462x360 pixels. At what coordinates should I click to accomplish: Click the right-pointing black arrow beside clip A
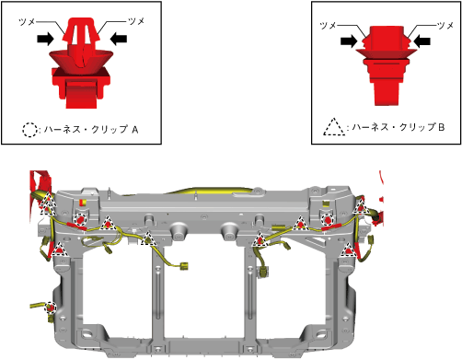[x=45, y=39]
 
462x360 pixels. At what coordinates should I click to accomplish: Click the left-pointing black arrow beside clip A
[x=119, y=39]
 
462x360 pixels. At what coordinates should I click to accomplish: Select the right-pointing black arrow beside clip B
[x=349, y=41]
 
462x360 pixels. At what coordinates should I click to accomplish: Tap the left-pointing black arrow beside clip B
[x=422, y=41]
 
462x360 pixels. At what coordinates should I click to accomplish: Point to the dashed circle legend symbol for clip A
[x=29, y=130]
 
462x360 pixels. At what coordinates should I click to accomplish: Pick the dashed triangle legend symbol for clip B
[x=334, y=127]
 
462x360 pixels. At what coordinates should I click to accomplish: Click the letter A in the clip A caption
[x=135, y=130]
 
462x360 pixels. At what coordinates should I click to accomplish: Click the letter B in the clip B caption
[x=441, y=127]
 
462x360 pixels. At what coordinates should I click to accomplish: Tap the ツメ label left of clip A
[x=27, y=22]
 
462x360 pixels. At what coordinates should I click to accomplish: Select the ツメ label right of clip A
[x=136, y=21]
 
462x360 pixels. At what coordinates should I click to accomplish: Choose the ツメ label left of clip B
[x=328, y=26]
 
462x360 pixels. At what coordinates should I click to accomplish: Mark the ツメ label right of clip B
[x=445, y=25]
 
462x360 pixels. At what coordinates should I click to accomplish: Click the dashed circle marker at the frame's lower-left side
[x=51, y=308]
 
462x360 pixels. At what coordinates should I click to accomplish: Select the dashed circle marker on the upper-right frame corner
[x=327, y=220]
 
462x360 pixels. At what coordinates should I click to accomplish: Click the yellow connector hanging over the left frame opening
[x=184, y=266]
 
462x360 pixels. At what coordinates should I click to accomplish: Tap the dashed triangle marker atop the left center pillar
[x=149, y=238]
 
